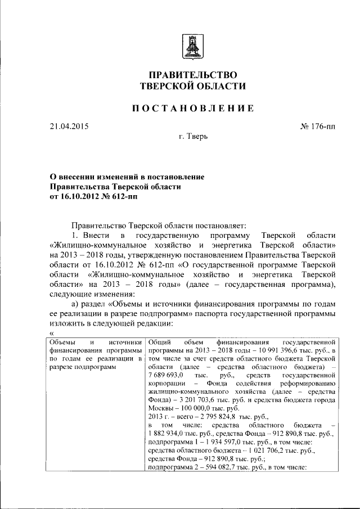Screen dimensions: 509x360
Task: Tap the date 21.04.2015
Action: point(68,126)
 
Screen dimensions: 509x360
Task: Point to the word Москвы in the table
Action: point(161,407)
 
